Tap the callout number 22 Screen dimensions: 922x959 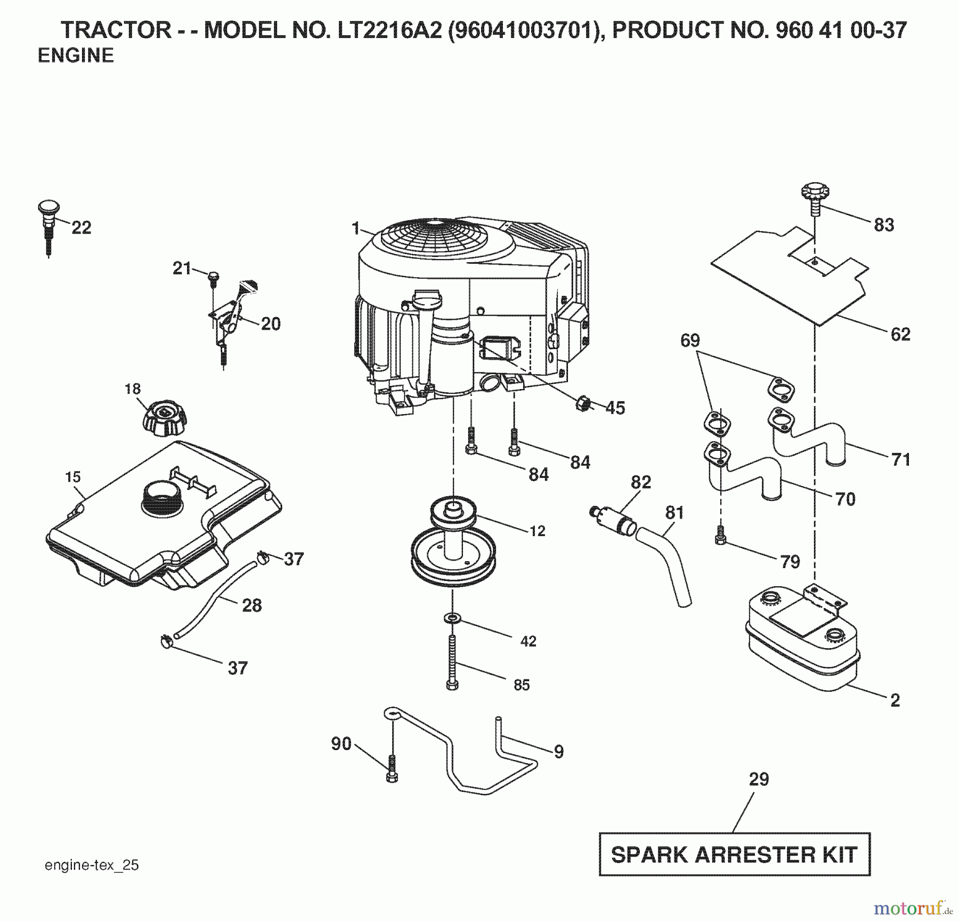(x=81, y=228)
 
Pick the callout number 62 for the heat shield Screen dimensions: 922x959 (x=900, y=335)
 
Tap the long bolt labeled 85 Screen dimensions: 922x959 (x=452, y=662)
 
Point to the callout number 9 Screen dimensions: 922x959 (x=558, y=752)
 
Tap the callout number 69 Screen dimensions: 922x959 (x=690, y=341)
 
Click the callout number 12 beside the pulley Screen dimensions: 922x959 (x=537, y=531)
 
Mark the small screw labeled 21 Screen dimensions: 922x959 (x=213, y=276)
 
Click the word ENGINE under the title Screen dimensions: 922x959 (x=76, y=56)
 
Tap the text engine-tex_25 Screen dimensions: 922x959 (x=92, y=865)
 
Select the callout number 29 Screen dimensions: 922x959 (x=759, y=779)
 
